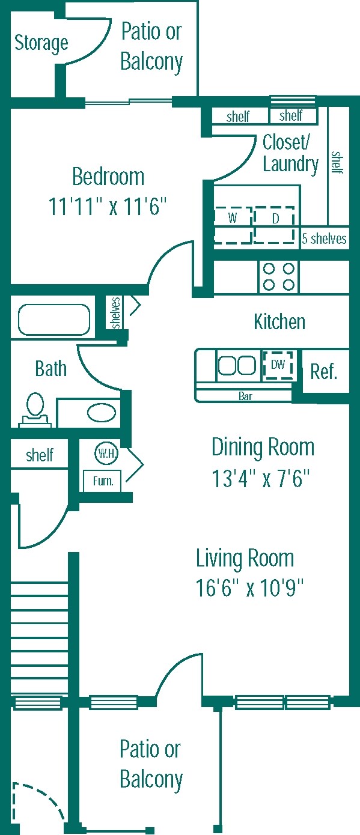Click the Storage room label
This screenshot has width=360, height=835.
coord(41,43)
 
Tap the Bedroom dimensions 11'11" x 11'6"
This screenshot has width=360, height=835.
coord(108,206)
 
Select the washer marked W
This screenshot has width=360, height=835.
coord(233,225)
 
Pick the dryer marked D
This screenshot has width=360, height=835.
coord(275,225)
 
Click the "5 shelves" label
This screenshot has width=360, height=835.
coord(324,238)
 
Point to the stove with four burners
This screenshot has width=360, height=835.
coord(279,276)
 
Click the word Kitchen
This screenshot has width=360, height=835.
coord(279,322)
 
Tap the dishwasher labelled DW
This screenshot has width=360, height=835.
coord(278,365)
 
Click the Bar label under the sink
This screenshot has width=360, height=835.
coord(245,396)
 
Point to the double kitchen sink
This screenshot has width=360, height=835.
coord(237,365)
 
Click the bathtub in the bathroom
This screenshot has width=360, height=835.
coord(54,320)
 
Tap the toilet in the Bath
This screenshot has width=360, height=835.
coord(35,409)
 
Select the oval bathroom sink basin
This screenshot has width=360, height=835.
coord(102,413)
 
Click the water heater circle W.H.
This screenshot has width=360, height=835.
coord(106,454)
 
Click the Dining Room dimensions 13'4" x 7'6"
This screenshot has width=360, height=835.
coord(261,479)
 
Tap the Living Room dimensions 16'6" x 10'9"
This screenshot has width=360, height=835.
coord(249,588)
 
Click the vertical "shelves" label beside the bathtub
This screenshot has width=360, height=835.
coord(116,312)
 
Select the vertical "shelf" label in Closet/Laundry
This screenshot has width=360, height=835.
coord(337,163)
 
